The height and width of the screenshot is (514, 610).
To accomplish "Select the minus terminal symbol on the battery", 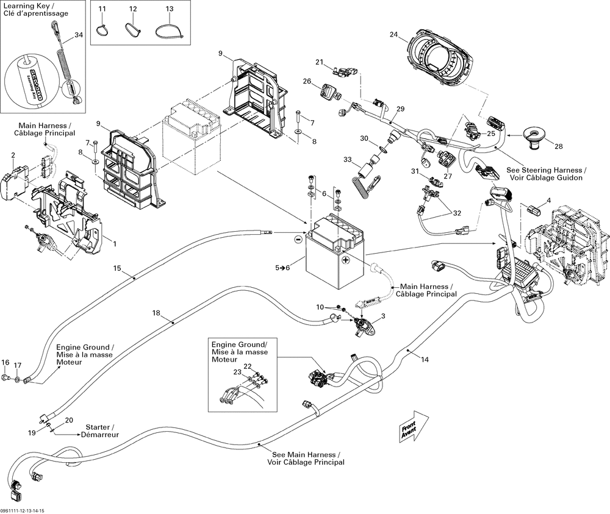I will pos(298,240).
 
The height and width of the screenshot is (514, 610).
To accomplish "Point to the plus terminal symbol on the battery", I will pos(345,260).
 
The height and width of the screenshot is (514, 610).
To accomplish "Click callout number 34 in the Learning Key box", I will pos(78,35).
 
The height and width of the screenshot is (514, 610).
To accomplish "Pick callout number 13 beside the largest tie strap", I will pos(169,9).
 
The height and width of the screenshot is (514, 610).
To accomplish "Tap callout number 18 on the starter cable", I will pos(156,313).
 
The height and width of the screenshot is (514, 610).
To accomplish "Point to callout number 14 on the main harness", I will pos(425,360).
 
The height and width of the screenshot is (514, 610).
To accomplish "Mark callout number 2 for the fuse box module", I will pos(13,155).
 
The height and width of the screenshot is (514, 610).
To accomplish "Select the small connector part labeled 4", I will pos(534,211).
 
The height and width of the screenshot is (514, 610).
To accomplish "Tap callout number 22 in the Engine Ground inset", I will pos(248,366).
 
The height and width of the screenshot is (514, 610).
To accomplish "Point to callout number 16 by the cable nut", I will pos(5,362).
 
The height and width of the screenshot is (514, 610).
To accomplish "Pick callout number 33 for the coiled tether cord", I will pos(348,160).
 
